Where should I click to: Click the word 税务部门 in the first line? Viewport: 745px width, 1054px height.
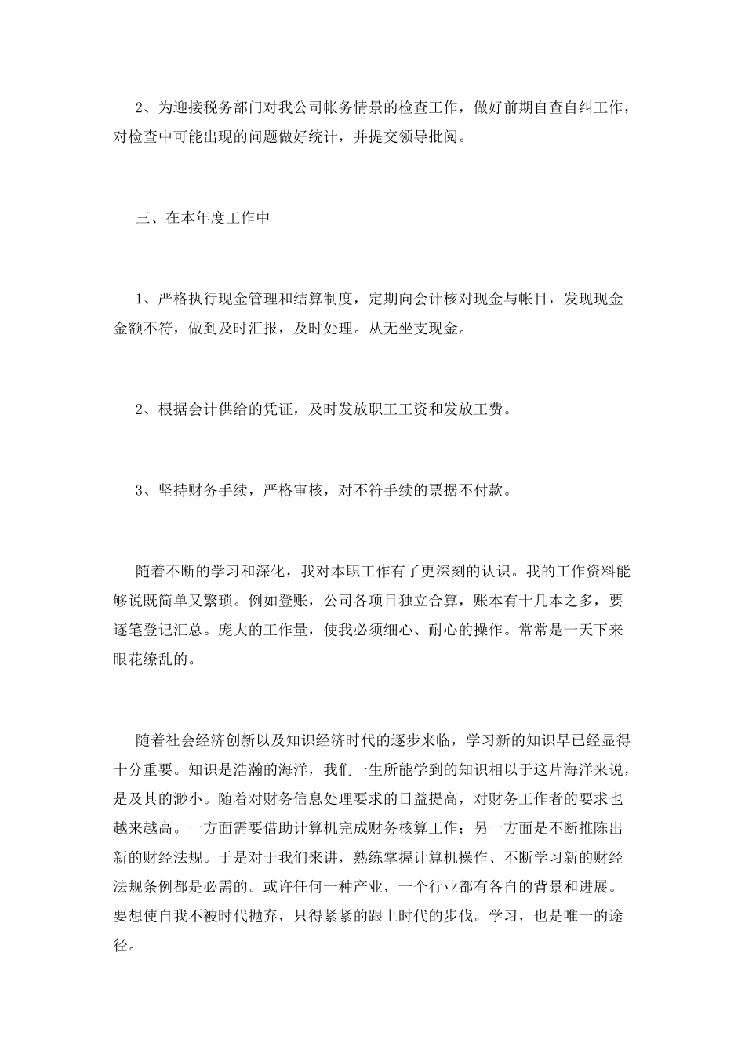coord(236,108)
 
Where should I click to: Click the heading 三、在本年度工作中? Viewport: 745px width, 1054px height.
coord(202,218)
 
